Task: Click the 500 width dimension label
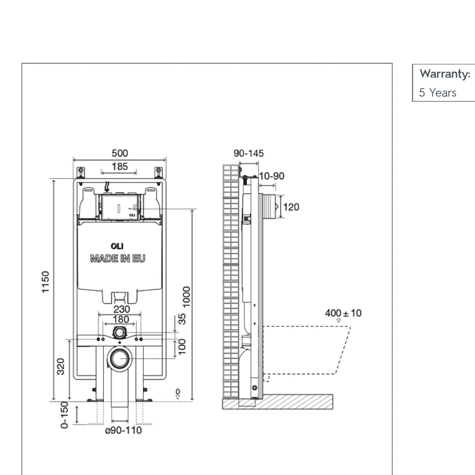[120, 153]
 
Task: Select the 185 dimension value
[120, 167]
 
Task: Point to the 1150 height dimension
[46, 282]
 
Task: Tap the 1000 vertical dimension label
[186, 296]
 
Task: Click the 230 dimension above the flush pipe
[122, 309]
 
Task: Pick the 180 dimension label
[121, 319]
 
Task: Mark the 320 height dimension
[61, 367]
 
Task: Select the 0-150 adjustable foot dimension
[65, 414]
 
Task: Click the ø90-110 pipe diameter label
[123, 430]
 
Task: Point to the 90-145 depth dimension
[249, 153]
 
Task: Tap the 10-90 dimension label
[272, 176]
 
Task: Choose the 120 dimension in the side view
[291, 207]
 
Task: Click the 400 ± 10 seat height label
[343, 313]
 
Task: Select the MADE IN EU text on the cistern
[118, 259]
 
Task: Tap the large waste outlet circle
[119, 359]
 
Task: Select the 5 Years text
[438, 93]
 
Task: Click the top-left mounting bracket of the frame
[81, 171]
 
